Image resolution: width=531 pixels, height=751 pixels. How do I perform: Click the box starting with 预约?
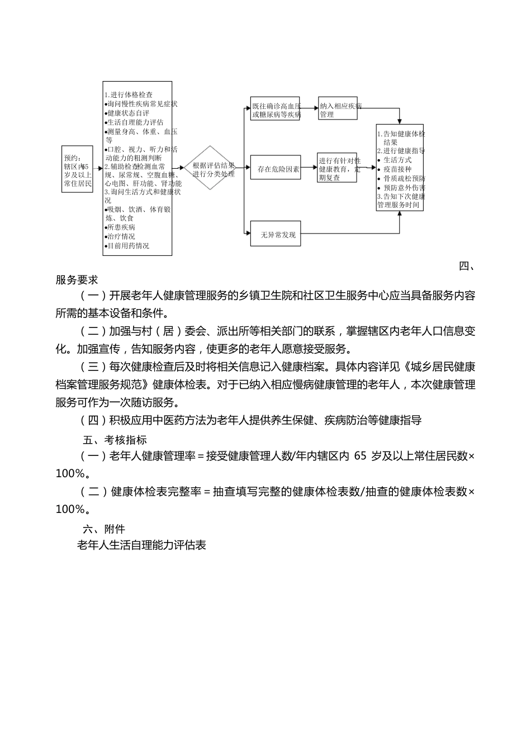tap(77, 169)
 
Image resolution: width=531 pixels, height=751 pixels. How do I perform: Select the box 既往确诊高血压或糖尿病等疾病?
tap(275, 108)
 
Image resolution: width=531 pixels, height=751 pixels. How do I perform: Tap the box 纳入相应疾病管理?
tap(337, 108)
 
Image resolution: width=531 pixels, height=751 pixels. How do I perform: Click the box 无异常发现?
tap(275, 235)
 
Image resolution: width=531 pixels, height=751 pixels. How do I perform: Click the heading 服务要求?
tap(77, 280)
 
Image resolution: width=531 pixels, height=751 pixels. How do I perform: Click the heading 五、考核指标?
tap(115, 440)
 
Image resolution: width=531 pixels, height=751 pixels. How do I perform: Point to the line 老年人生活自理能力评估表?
tap(141, 545)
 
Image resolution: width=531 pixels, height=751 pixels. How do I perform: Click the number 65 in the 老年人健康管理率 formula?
tap(361, 456)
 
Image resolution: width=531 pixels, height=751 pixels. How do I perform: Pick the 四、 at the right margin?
tap(467, 266)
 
